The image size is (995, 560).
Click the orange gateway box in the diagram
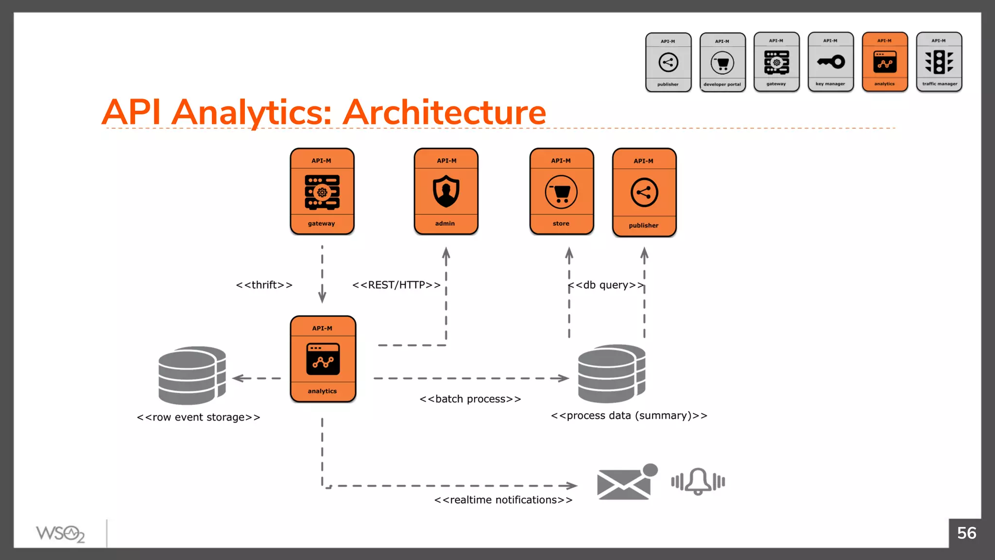pyautogui.click(x=322, y=192)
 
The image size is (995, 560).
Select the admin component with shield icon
pyautogui.click(x=446, y=192)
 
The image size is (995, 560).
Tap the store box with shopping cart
pyautogui.click(x=562, y=192)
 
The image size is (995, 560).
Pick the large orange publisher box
pyautogui.click(x=644, y=192)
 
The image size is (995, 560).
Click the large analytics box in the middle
pyautogui.click(x=323, y=359)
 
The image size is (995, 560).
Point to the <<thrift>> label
pyautogui.click(x=264, y=285)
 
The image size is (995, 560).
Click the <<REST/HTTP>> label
pyautogui.click(x=396, y=285)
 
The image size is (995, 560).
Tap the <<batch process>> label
pyautogui.click(x=470, y=399)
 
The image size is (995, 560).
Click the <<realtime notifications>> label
pyautogui.click(x=503, y=500)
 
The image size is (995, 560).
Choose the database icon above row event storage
pyautogui.click(x=192, y=375)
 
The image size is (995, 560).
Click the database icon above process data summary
pyautogui.click(x=612, y=373)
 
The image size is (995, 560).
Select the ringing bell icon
pyautogui.click(x=698, y=481)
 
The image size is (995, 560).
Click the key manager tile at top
pyautogui.click(x=830, y=62)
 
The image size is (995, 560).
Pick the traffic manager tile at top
pyautogui.click(x=939, y=62)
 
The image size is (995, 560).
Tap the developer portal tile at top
pyautogui.click(x=722, y=62)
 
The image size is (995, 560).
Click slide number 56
pyautogui.click(x=966, y=533)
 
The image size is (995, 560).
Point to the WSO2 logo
pyautogui.click(x=60, y=534)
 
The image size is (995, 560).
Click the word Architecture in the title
pyautogui.click(x=445, y=112)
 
